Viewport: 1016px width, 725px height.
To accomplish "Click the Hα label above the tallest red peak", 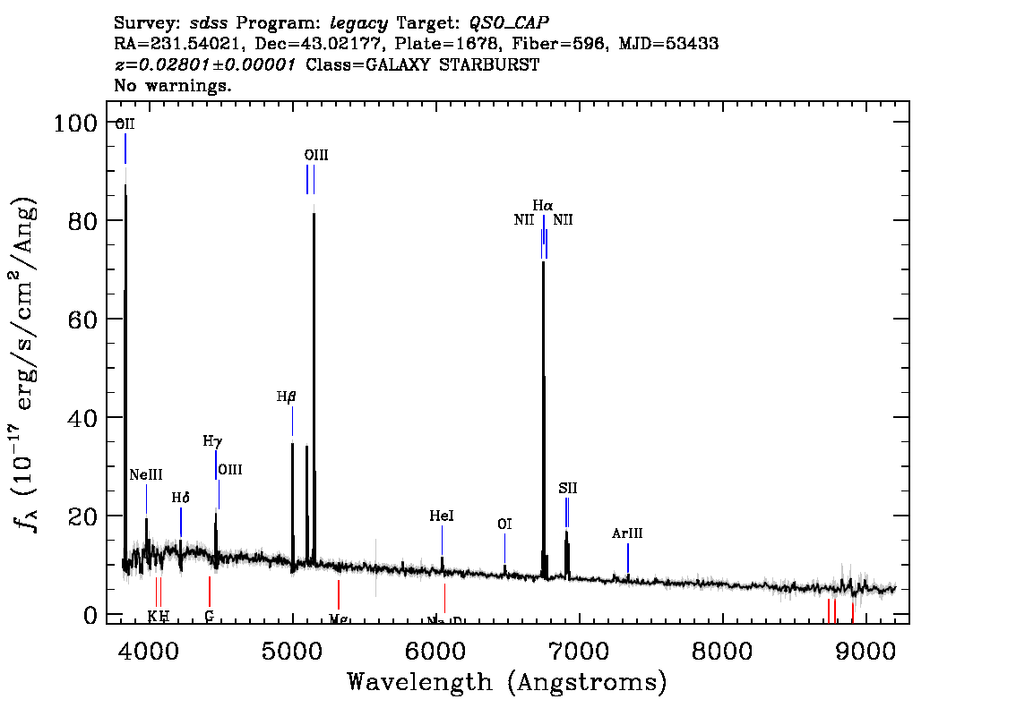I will pos(543,206).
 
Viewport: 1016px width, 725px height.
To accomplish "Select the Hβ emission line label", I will pos(286,397).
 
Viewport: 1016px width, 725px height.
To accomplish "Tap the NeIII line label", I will pos(146,474).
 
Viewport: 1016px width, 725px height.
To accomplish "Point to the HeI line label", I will pos(442,516).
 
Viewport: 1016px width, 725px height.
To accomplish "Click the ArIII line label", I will pos(627,533).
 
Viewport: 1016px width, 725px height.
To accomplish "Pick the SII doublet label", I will pos(568,488).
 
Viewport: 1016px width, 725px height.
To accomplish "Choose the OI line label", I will pos(504,525).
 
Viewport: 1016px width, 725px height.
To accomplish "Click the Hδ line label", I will pos(181,498).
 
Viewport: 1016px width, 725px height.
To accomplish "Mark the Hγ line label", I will pos(211,441).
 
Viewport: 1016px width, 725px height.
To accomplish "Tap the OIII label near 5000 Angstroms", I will pos(316,155).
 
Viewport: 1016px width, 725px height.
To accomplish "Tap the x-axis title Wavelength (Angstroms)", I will pos(507,683).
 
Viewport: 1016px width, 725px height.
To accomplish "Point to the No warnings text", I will pos(173,86).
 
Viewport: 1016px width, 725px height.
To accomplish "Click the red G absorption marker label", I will pos(209,617).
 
